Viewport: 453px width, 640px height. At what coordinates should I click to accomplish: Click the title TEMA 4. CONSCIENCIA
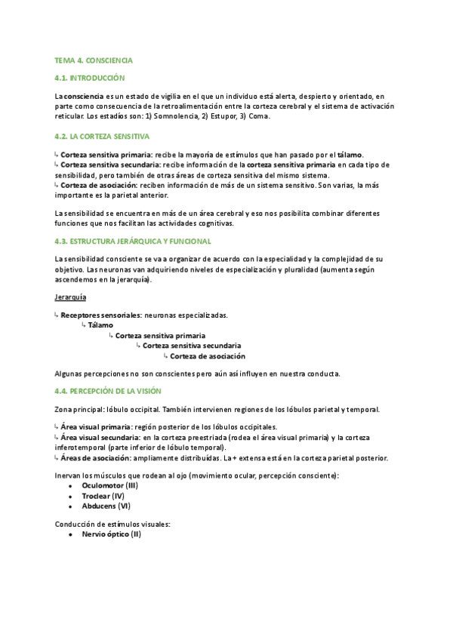(x=94, y=59)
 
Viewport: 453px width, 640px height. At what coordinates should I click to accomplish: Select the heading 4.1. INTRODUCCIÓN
(x=89, y=78)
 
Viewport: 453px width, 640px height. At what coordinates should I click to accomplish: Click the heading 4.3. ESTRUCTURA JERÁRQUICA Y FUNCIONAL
(x=133, y=241)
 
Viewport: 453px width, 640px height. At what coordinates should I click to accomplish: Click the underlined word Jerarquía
(x=71, y=297)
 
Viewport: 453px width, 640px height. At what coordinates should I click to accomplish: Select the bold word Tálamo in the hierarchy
(x=100, y=325)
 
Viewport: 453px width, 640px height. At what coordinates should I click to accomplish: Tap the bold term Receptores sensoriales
(x=101, y=315)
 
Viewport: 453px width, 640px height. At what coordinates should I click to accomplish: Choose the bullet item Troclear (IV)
(x=103, y=496)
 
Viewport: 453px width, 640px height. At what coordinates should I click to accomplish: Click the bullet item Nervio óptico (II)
(x=111, y=534)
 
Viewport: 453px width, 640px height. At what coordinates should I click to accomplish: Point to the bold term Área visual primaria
(x=94, y=426)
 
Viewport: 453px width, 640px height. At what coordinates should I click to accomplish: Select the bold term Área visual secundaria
(x=99, y=437)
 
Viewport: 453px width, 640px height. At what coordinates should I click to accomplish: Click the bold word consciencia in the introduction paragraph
(x=84, y=97)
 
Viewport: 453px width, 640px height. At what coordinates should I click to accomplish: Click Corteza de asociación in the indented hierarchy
(x=208, y=356)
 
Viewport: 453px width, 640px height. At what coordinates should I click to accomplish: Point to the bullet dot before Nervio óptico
(x=70, y=534)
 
